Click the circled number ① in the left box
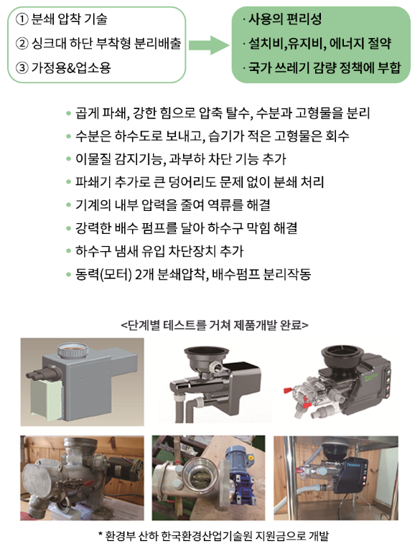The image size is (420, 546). (x=22, y=19)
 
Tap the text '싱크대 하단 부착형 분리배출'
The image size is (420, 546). (x=106, y=43)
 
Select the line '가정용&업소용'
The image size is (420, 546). (x=71, y=67)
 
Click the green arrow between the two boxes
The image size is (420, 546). (x=209, y=45)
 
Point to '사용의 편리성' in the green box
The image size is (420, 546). (x=285, y=19)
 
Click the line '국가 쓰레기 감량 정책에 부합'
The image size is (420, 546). (x=324, y=67)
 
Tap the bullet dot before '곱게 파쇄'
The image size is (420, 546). (x=68, y=113)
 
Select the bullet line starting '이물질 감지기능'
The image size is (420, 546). (x=180, y=159)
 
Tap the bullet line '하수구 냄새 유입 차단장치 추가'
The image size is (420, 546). (x=159, y=250)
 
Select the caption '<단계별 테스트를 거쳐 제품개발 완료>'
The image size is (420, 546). (x=215, y=325)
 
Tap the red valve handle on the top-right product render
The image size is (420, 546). (x=288, y=390)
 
